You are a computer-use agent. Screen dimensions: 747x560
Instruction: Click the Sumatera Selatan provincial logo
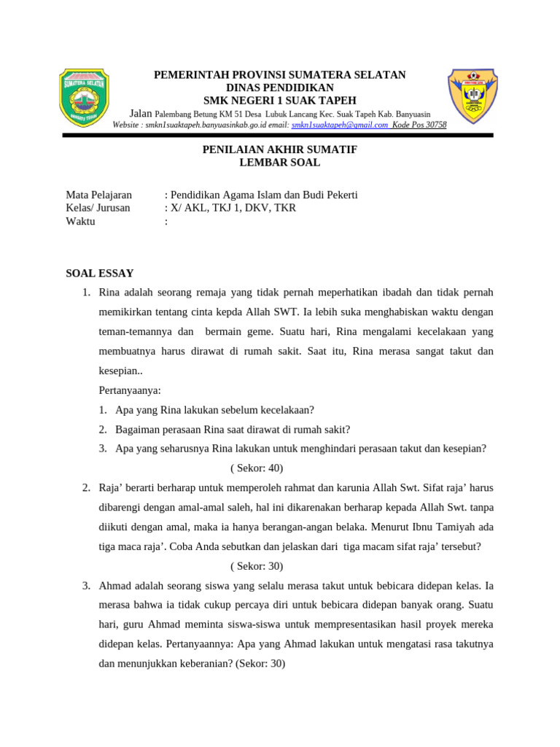click(x=85, y=98)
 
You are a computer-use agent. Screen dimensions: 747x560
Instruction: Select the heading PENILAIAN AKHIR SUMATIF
click(x=279, y=150)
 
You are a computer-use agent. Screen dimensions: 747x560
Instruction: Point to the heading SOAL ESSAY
click(x=100, y=274)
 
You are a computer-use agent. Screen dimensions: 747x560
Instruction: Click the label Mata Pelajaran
click(x=99, y=195)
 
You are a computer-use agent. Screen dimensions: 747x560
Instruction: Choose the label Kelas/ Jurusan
click(x=98, y=208)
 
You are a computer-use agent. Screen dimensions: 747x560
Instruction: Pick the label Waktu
click(x=81, y=221)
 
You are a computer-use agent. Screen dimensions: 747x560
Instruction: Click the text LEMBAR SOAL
click(x=279, y=163)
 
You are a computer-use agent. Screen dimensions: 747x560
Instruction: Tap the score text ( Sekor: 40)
click(x=256, y=468)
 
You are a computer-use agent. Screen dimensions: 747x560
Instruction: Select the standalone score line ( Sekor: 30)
click(x=256, y=566)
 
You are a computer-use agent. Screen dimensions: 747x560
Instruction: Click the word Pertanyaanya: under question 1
click(x=130, y=390)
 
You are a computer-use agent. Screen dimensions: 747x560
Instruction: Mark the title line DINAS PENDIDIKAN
click(x=279, y=88)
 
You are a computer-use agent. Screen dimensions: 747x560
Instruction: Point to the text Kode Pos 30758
click(x=419, y=125)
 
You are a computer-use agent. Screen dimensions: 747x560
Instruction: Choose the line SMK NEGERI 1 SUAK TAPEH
click(x=279, y=100)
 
